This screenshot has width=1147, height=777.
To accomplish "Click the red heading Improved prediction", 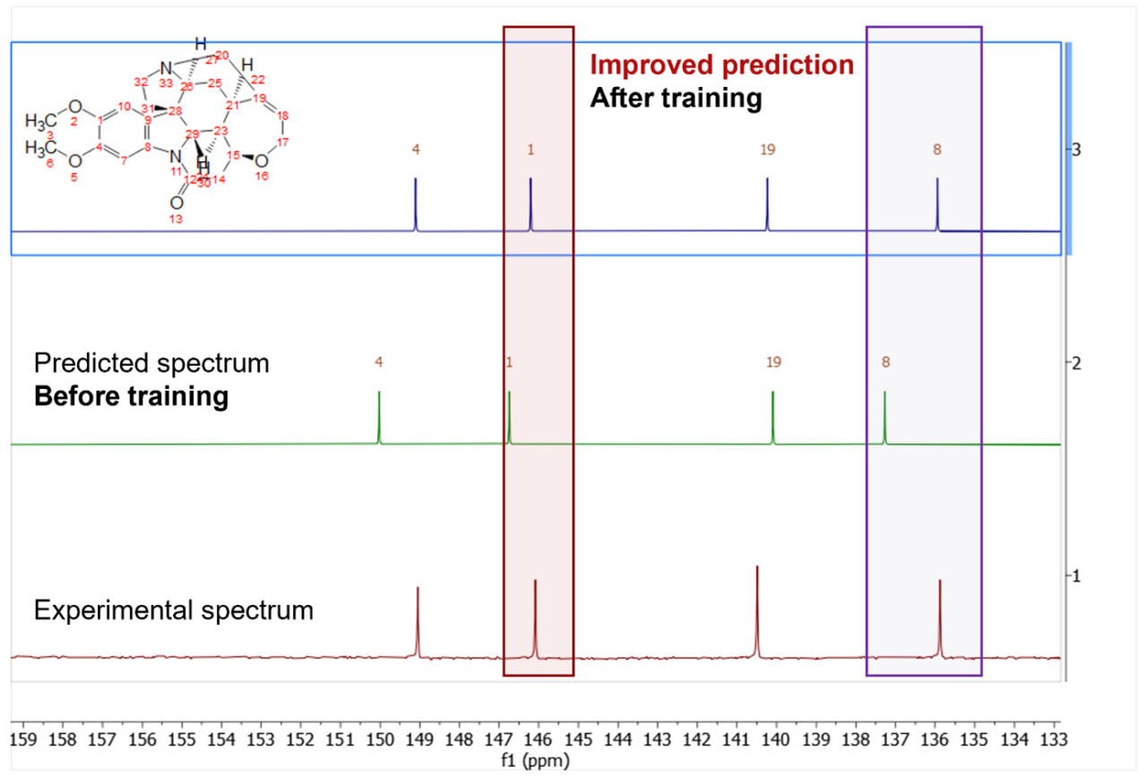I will tap(721, 65).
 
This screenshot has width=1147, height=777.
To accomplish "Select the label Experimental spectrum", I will tap(174, 611).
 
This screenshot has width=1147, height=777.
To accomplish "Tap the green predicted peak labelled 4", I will tap(379, 417).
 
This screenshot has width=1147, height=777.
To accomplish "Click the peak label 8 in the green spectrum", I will tap(885, 363).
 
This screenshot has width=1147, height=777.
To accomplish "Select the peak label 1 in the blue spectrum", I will tap(530, 150).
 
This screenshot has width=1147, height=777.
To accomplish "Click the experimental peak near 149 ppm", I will tap(418, 623).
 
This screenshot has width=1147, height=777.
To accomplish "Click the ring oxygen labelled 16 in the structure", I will tap(261, 162).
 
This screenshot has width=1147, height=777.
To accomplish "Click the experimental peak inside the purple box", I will tap(940, 618).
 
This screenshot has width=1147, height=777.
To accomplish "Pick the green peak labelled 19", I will tap(772, 417).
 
